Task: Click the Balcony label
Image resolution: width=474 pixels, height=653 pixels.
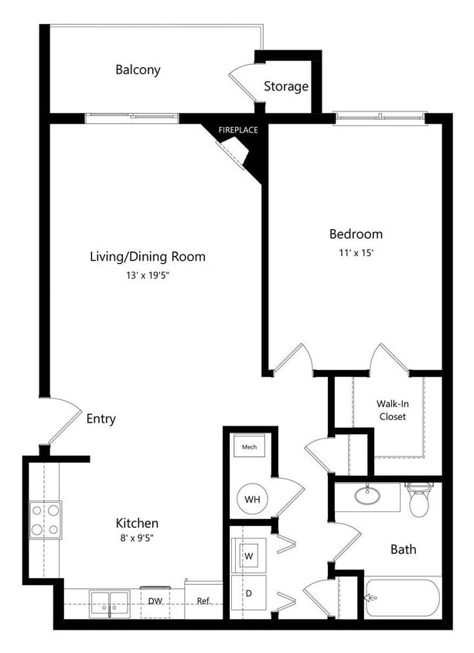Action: (x=138, y=70)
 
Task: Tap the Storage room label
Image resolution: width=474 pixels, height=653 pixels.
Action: (x=286, y=87)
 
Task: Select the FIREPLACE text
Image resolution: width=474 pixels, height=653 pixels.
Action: (x=237, y=130)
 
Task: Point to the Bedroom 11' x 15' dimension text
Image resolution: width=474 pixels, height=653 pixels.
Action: (x=356, y=254)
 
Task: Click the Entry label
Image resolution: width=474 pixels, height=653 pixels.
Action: (x=101, y=419)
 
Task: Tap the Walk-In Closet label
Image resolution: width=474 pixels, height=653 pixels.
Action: (x=391, y=410)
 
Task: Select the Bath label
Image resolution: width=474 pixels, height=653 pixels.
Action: (x=403, y=549)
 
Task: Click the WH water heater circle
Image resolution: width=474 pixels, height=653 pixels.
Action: (x=252, y=499)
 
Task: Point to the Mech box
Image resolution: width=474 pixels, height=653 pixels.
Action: (x=249, y=447)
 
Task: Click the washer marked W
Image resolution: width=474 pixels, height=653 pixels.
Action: (x=250, y=555)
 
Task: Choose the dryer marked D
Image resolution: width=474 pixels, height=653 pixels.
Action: (x=250, y=593)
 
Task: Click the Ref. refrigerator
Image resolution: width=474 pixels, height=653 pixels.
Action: (x=203, y=600)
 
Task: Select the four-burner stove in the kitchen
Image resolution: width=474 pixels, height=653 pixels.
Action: (x=45, y=520)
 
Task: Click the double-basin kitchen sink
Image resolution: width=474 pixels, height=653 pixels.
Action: (x=110, y=602)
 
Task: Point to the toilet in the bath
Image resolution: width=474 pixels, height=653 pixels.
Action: (x=419, y=499)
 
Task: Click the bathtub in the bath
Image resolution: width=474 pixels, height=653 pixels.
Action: (x=401, y=598)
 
